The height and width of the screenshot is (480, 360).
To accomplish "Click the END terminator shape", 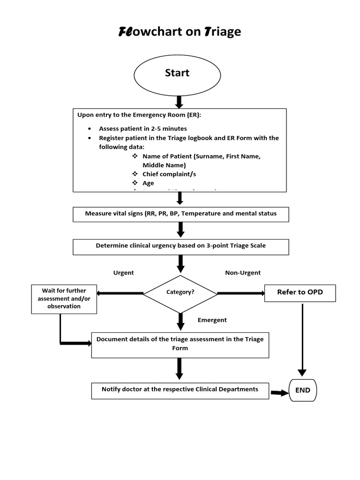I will click(x=303, y=390).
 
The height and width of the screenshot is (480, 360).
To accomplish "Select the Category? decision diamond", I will click(x=180, y=292).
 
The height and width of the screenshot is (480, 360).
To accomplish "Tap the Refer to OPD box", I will click(x=300, y=292).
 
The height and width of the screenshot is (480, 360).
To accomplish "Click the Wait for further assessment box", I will click(x=64, y=299).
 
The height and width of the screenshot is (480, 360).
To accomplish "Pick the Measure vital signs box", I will click(x=180, y=214).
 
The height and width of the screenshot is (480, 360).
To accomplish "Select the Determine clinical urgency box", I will click(x=180, y=246).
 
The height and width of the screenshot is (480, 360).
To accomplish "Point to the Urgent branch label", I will click(x=123, y=273).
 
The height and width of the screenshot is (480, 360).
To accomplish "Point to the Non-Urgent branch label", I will click(x=243, y=273).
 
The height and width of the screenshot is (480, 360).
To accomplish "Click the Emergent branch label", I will click(x=212, y=320).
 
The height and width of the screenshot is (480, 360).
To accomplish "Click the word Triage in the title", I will click(x=223, y=32).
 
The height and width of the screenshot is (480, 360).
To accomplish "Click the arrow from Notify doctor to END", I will click(x=280, y=393).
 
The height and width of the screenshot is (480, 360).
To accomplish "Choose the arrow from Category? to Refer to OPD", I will click(x=241, y=293).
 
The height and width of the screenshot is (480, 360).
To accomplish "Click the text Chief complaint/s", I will click(x=169, y=174).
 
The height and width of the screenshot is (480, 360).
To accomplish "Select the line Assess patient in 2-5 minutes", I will click(x=142, y=128).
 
